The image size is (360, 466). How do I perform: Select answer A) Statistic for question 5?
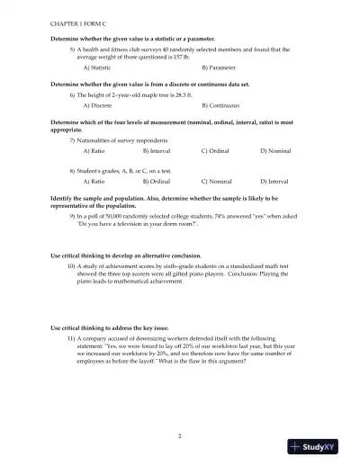tap(96, 67)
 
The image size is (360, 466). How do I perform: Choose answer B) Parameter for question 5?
tap(219, 67)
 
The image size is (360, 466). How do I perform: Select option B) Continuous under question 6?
tap(221, 105)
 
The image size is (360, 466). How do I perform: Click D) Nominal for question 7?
tap(275, 152)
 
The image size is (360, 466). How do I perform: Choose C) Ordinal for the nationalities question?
tap(216, 152)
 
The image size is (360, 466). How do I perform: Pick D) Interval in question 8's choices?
tap(275, 181)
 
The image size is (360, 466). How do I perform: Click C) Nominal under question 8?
tap(217, 181)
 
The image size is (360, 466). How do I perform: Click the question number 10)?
tap(71, 267)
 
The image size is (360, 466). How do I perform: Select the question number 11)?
tap(71, 337)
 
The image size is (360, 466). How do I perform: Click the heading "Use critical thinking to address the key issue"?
tap(108, 327)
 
